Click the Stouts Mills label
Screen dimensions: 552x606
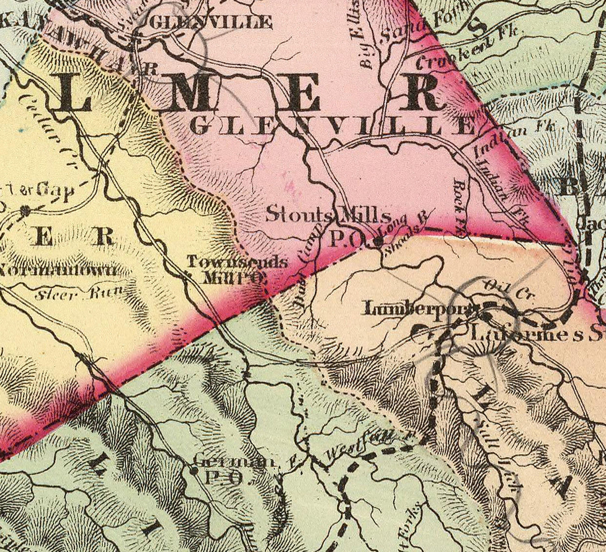pyautogui.click(x=328, y=216)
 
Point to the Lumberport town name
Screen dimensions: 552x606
pyautogui.click(x=418, y=309)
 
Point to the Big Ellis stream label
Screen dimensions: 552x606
pyautogui.click(x=360, y=37)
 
